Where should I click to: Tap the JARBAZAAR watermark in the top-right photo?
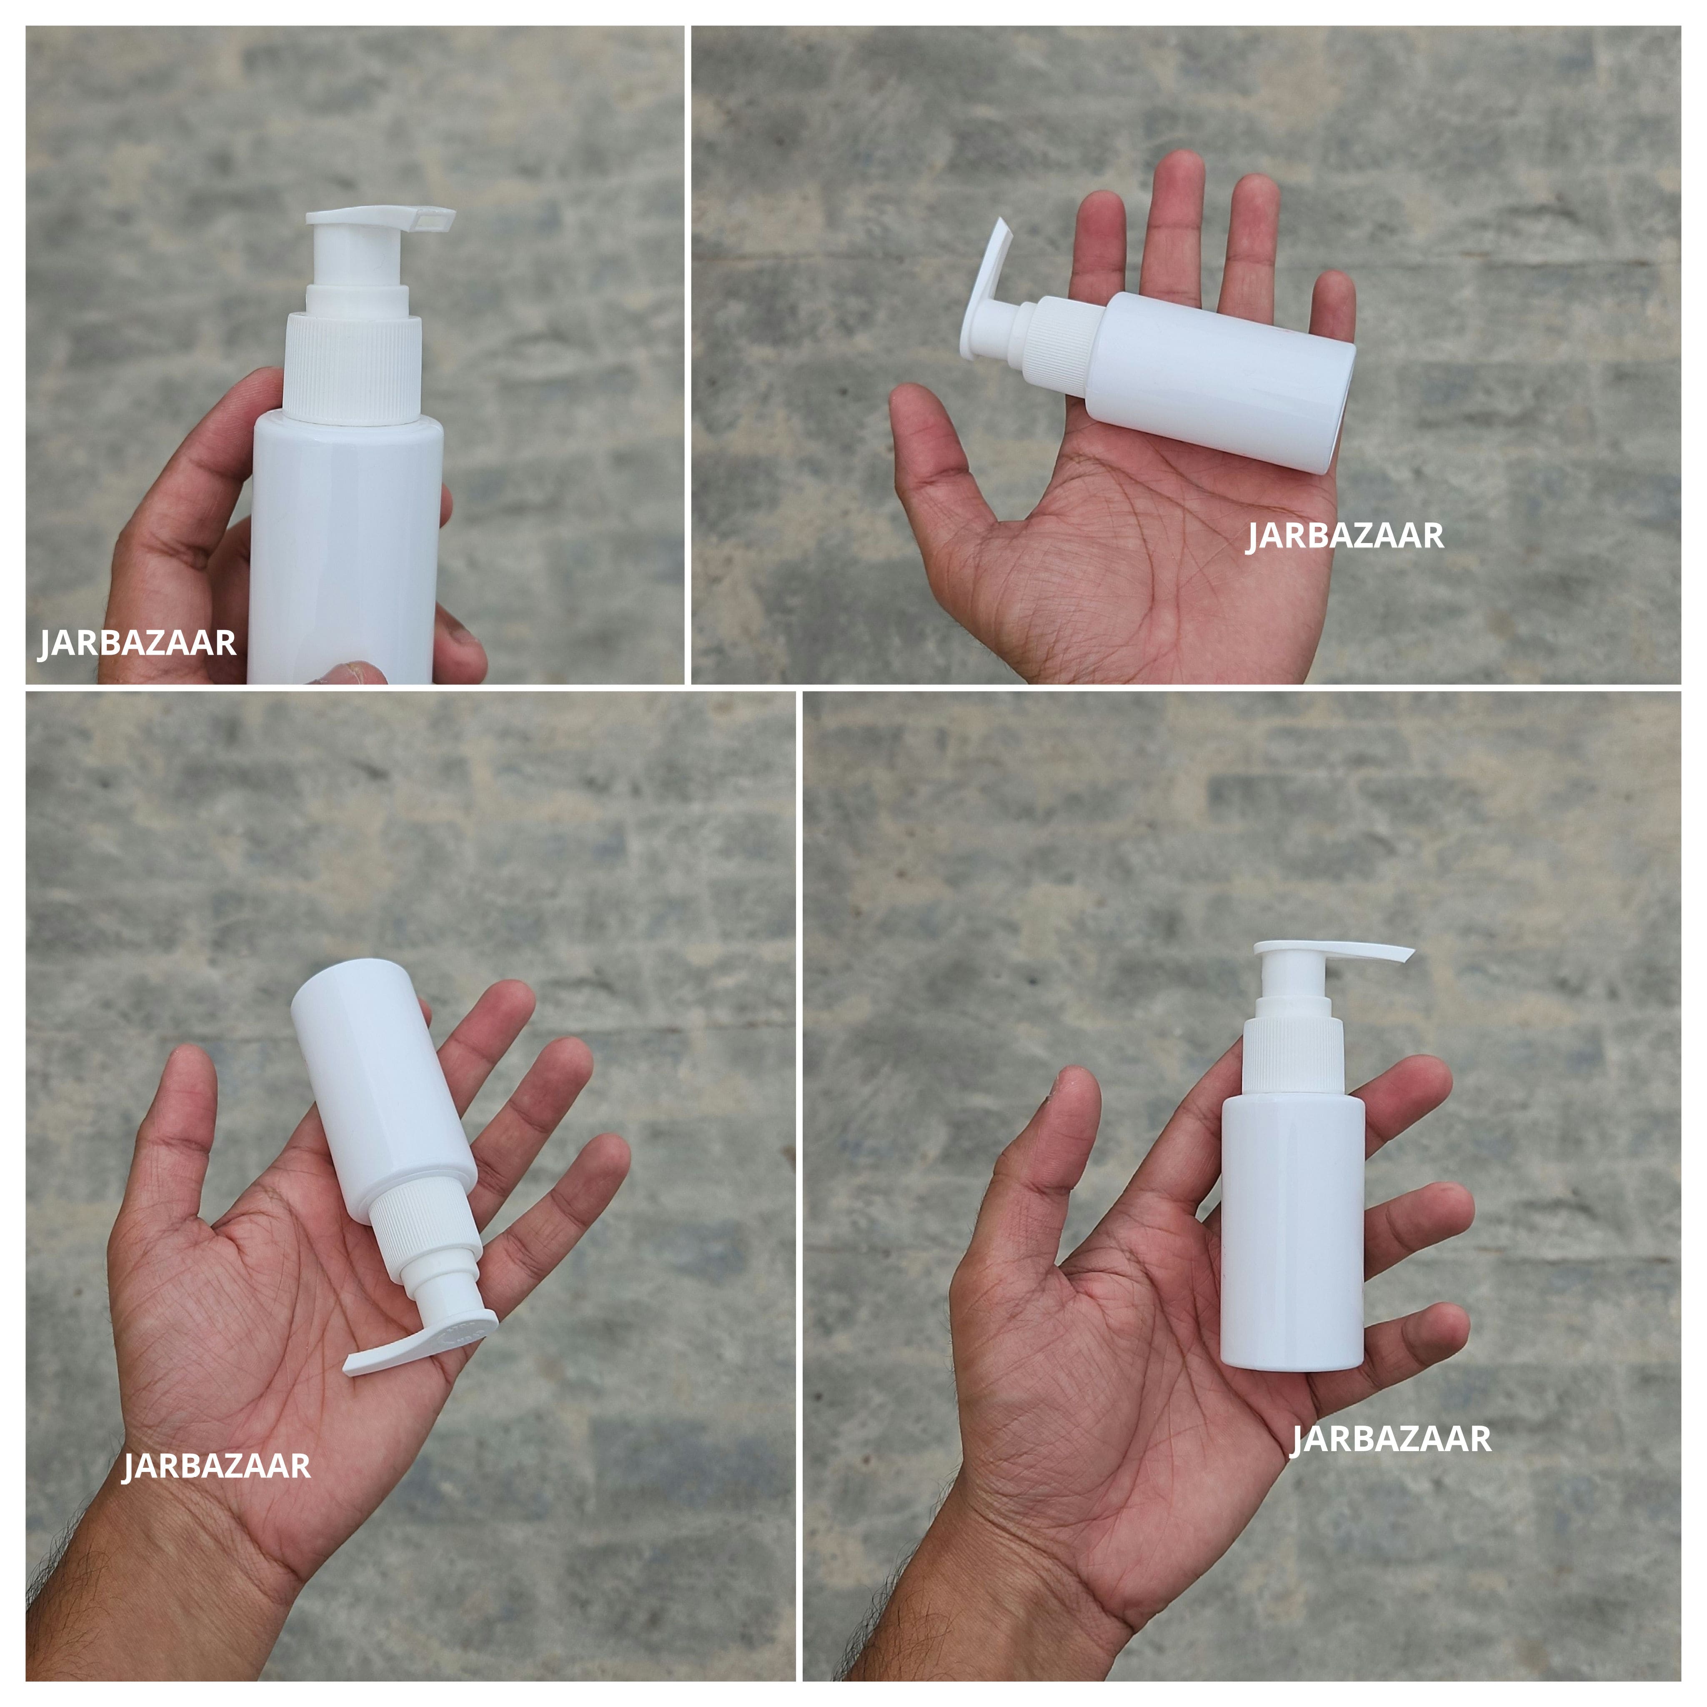[1345, 536]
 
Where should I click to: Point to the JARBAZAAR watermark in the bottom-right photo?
[1392, 1438]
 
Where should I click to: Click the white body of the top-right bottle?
[1219, 380]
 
